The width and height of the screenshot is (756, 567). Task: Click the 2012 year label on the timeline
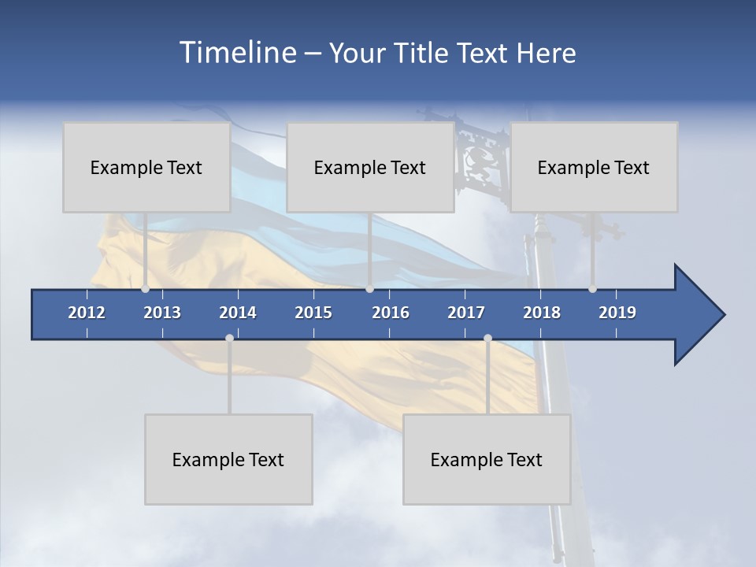(87, 313)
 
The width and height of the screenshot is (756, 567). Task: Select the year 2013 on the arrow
(162, 313)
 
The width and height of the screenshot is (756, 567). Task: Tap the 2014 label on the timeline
(238, 313)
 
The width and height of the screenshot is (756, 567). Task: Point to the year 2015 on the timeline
(313, 313)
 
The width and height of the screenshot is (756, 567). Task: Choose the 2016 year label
(391, 313)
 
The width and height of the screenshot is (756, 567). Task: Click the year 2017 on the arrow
(466, 313)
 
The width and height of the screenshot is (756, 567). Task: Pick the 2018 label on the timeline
(542, 313)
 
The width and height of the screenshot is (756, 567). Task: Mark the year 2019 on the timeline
(617, 313)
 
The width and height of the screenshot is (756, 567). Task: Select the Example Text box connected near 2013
(146, 167)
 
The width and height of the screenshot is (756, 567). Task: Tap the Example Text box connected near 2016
(370, 167)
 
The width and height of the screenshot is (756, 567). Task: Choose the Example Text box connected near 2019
(594, 167)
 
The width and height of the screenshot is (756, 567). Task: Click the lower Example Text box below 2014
(228, 459)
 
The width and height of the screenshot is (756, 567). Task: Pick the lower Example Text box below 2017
(487, 459)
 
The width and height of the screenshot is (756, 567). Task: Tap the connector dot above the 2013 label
(146, 289)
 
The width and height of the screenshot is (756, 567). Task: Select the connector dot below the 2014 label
(229, 338)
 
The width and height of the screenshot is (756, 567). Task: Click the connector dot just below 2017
(487, 338)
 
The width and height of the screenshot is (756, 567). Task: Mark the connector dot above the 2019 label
(592, 289)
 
